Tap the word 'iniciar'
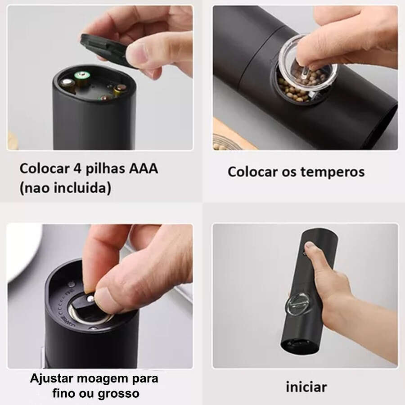click(x=306, y=387)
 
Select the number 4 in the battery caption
click(x=76, y=170)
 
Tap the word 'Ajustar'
click(x=49, y=378)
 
